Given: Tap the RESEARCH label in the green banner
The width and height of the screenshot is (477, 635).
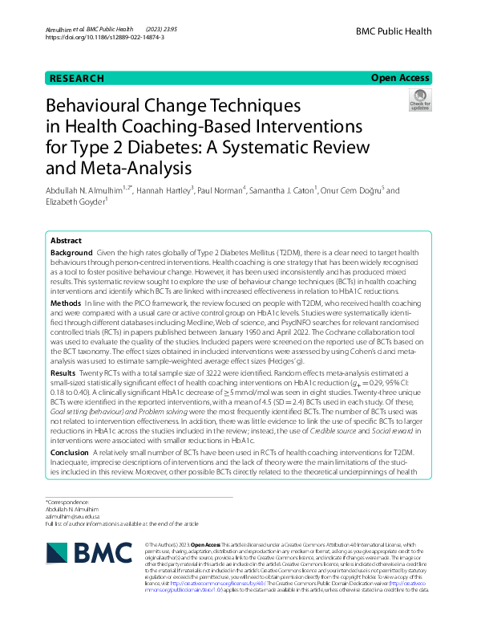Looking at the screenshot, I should (x=77, y=79).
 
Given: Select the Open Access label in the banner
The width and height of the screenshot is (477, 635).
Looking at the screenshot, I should (x=401, y=79).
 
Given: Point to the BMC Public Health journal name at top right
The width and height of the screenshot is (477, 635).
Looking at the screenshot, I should (x=394, y=31).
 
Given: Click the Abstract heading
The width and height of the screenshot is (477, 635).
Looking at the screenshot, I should (x=66, y=240).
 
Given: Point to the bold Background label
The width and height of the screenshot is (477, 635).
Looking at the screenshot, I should (x=71, y=252).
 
